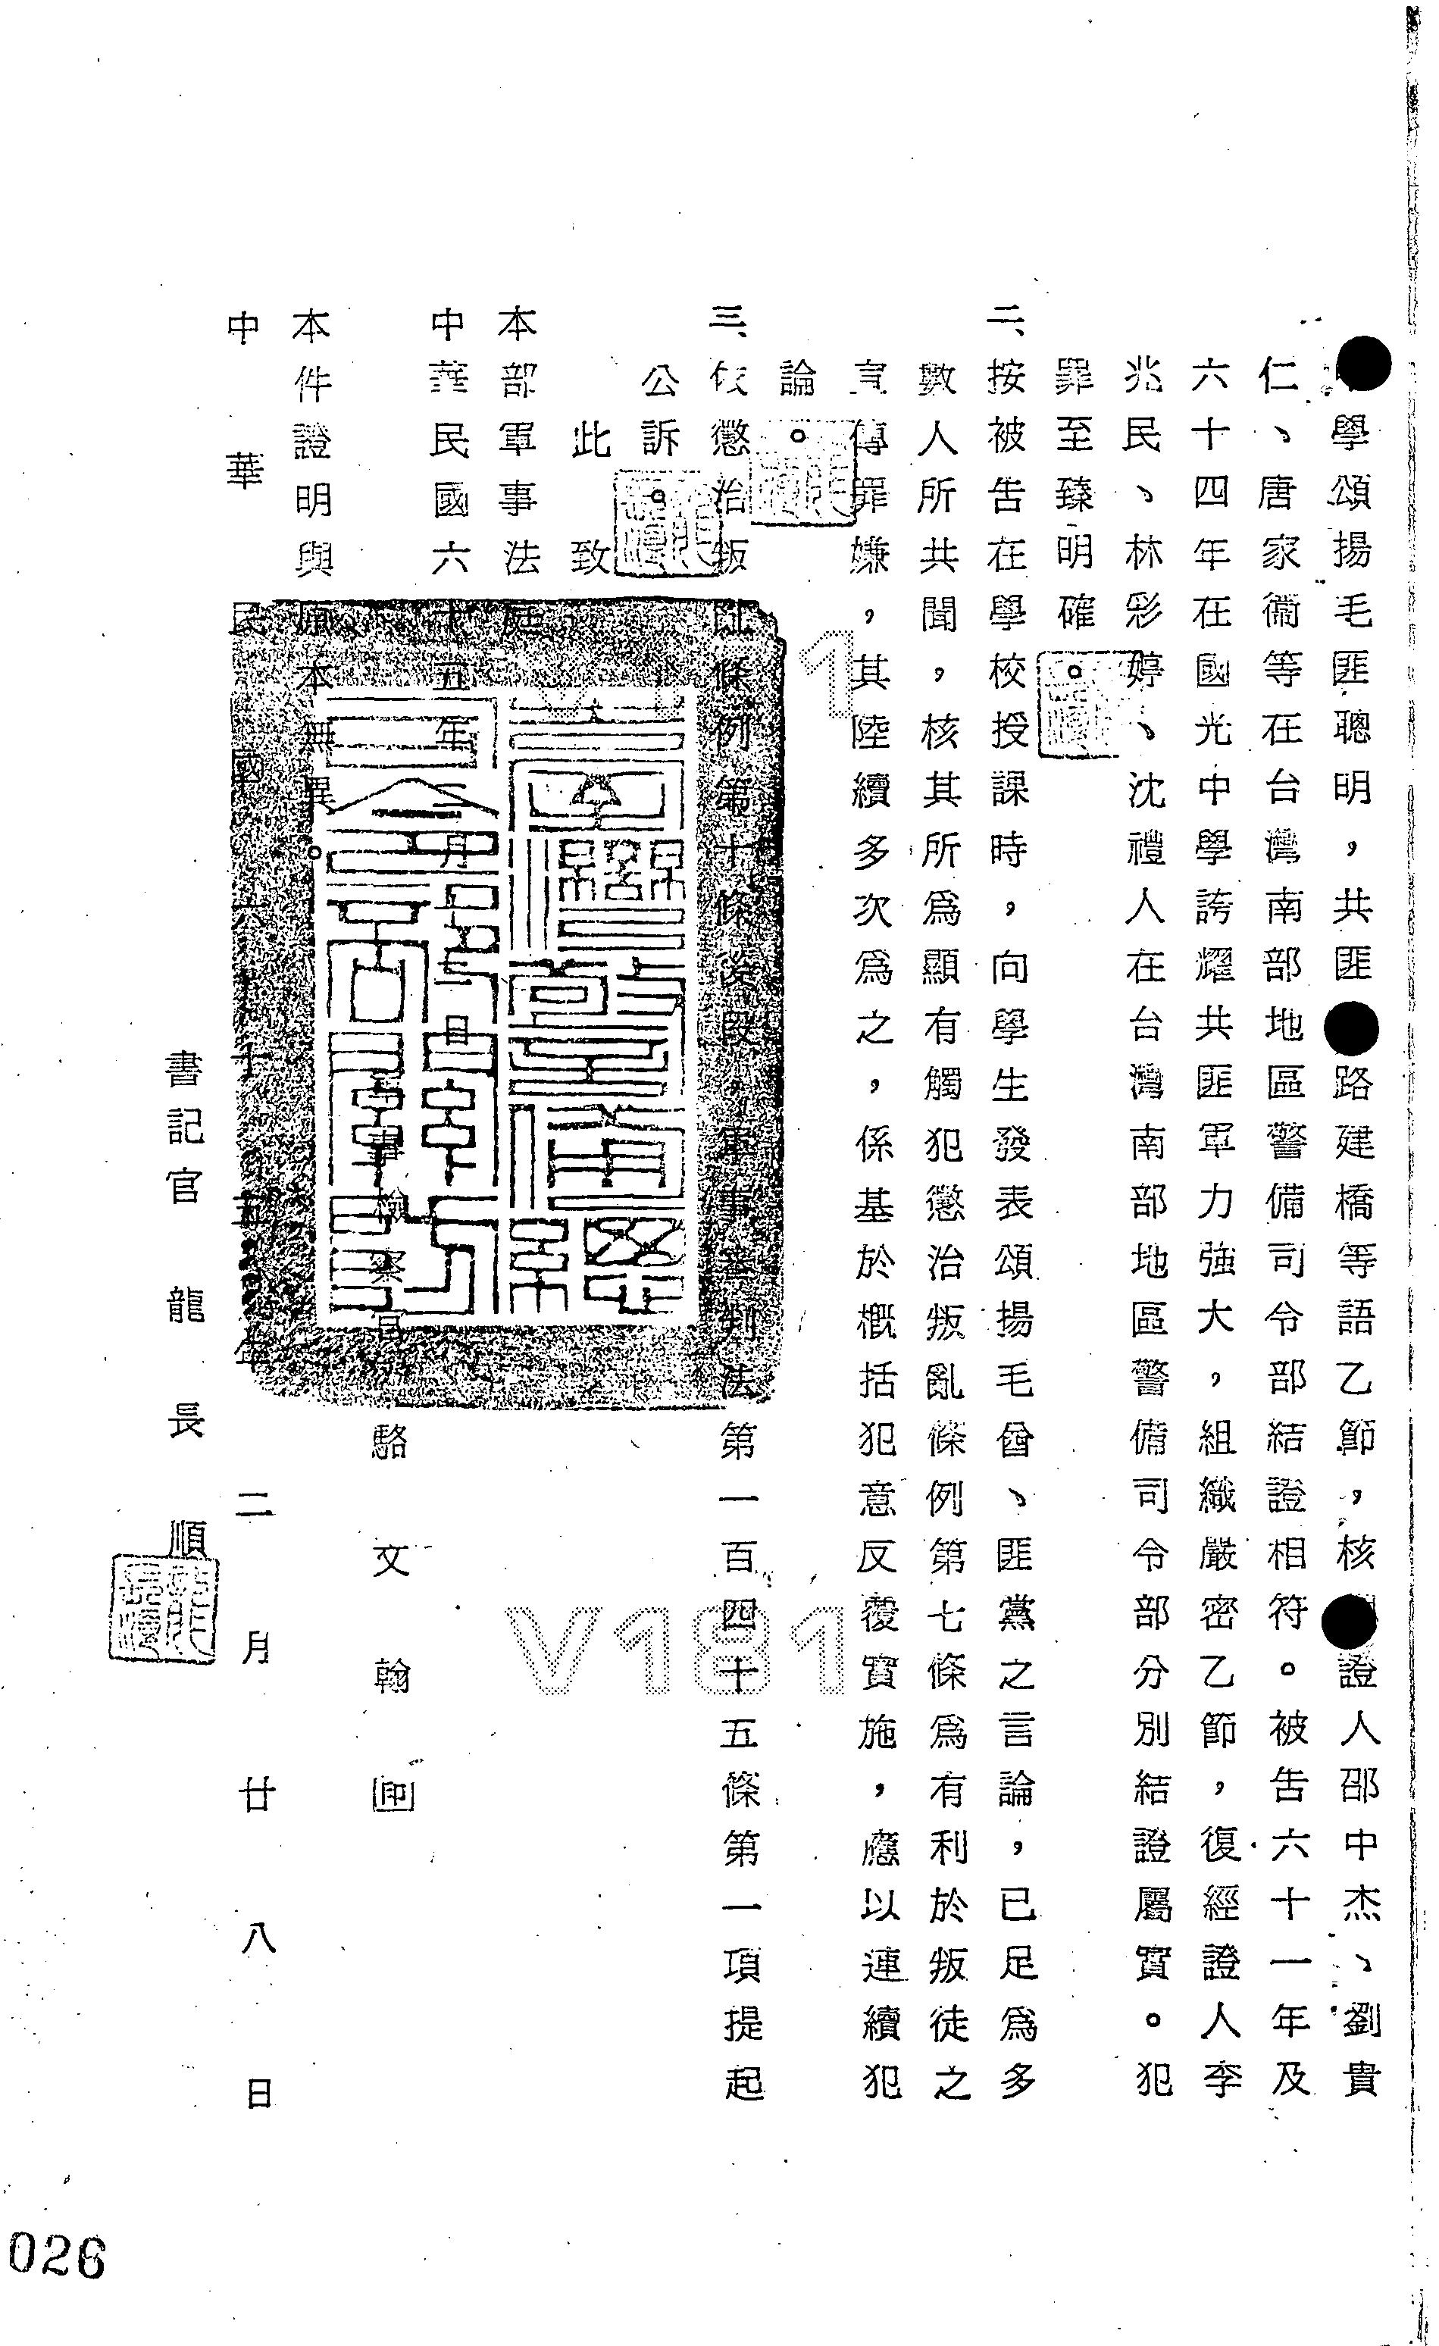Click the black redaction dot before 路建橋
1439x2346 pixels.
[x=1350, y=1028]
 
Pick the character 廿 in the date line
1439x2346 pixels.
[x=257, y=1794]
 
